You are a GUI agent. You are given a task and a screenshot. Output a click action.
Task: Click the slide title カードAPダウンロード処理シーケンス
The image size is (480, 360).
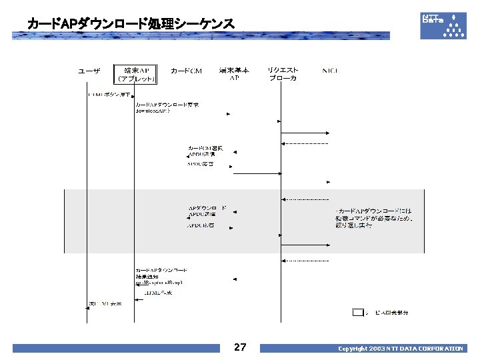pos(131,24)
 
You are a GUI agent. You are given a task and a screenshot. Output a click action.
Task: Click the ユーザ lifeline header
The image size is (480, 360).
pos(89,71)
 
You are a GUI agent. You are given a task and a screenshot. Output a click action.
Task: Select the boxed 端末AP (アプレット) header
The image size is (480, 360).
pos(136,74)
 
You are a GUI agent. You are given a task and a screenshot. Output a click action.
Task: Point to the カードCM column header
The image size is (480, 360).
pos(186,71)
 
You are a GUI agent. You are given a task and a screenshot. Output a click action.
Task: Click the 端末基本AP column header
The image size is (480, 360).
pos(234,74)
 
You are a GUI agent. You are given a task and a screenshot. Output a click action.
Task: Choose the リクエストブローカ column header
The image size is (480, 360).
pos(283,74)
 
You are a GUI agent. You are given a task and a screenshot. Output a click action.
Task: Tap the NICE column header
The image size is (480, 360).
pos(330,71)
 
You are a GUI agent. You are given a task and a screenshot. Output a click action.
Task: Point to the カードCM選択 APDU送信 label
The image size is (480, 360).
pos(205,151)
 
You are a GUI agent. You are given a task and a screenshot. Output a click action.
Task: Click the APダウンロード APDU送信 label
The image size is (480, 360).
pos(207,211)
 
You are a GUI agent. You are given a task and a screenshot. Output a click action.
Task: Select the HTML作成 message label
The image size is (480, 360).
pos(159,293)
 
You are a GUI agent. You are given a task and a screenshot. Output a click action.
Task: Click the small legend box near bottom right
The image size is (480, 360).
pos(358,312)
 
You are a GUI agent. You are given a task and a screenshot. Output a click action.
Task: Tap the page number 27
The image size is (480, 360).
pos(240,347)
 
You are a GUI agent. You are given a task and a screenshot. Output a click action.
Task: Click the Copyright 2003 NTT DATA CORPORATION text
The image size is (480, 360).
pos(400,349)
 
